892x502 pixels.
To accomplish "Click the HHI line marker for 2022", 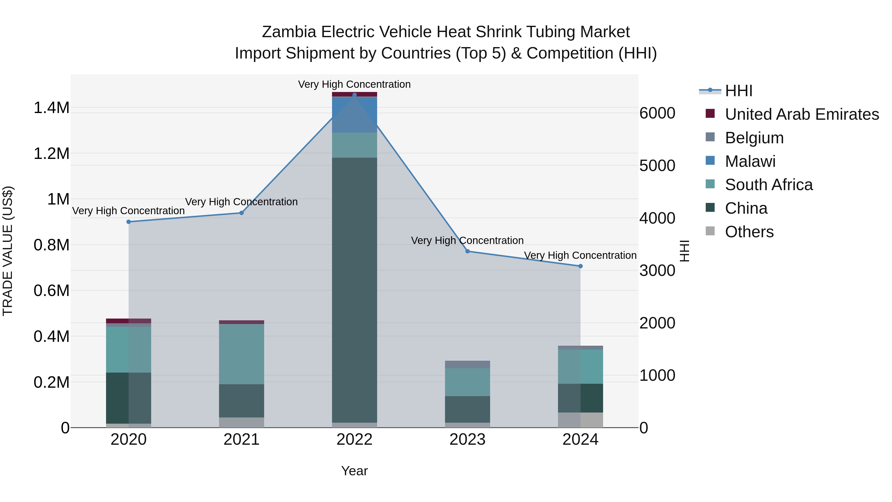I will (x=354, y=95).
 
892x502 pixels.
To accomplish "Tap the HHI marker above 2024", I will (x=580, y=266).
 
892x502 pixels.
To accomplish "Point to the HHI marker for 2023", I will (x=468, y=251).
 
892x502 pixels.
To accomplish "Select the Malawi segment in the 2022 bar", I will (x=354, y=115).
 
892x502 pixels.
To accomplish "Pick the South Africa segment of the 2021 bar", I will (x=241, y=354).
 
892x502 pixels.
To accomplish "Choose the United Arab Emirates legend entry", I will (x=802, y=114).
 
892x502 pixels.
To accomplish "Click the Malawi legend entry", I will (x=750, y=161).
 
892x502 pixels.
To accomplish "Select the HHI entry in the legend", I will (x=738, y=91).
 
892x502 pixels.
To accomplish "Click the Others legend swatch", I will (x=710, y=231).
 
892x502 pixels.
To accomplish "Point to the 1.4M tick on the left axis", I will (x=51, y=108).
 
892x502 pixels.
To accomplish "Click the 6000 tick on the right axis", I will (x=657, y=113).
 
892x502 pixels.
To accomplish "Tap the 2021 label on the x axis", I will (x=241, y=440).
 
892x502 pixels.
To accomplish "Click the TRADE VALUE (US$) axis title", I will (x=8, y=251).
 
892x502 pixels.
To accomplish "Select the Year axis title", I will (x=354, y=471).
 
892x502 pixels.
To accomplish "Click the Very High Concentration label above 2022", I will (x=354, y=84).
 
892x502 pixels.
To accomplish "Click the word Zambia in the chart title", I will (x=289, y=32).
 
